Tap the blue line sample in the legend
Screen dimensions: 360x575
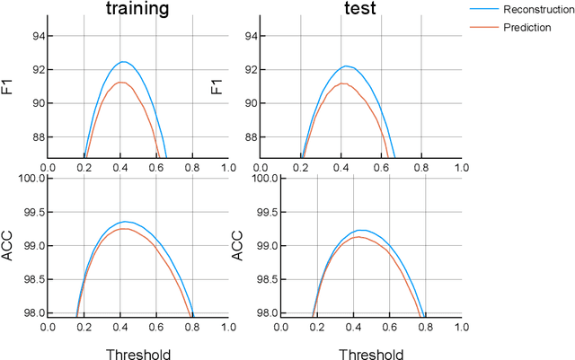484,9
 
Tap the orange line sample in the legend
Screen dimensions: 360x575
484,28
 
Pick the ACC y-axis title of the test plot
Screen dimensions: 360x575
239,245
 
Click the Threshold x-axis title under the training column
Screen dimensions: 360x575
137,354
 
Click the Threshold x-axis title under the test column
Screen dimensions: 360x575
369,354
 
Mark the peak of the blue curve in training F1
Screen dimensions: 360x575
123,62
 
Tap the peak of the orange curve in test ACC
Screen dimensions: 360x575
357,237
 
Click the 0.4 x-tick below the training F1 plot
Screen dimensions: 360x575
119,167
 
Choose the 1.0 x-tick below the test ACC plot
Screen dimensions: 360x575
460,326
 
